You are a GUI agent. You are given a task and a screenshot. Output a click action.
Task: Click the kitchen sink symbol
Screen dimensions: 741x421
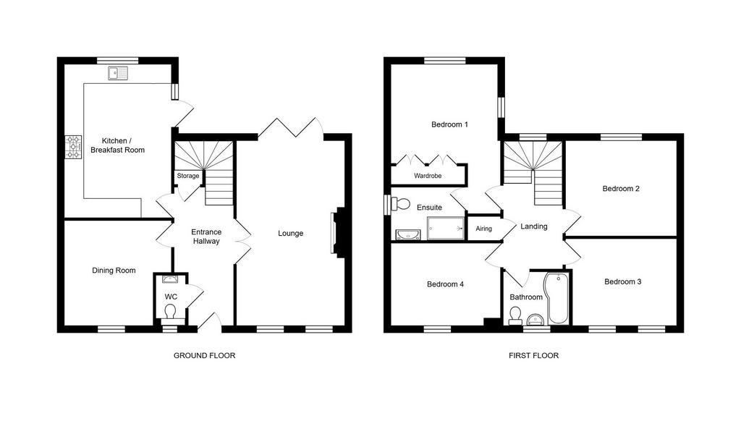tap(118, 73)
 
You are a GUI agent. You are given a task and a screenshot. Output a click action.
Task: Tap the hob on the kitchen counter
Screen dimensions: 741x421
tap(73, 147)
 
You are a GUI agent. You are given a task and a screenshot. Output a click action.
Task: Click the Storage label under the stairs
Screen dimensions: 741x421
tap(188, 176)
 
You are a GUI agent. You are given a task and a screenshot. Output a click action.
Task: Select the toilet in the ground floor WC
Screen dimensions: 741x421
tap(170, 312)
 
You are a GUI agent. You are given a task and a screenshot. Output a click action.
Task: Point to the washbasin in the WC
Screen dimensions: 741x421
tap(170, 278)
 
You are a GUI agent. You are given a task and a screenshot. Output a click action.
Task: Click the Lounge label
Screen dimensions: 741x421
tap(291, 234)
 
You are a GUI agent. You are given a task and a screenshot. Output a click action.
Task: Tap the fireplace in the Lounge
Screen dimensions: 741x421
tap(339, 232)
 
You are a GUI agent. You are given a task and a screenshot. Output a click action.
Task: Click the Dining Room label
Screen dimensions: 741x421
tap(114, 271)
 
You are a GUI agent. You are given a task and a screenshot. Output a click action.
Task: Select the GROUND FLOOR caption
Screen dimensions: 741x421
tap(204, 355)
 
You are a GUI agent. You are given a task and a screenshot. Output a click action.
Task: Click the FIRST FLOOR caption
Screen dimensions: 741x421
tap(533, 355)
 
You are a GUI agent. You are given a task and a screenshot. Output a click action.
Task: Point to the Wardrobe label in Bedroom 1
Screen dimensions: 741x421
tap(428, 176)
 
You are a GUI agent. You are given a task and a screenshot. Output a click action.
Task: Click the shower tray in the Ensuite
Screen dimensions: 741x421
tap(446, 228)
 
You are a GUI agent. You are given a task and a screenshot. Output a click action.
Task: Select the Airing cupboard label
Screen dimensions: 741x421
tap(483, 229)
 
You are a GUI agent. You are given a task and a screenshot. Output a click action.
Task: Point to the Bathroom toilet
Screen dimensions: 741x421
tap(515, 315)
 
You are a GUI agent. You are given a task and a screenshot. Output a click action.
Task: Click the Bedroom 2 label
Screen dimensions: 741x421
tap(621, 189)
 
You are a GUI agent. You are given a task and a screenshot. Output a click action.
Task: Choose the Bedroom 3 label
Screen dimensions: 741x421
tap(623, 281)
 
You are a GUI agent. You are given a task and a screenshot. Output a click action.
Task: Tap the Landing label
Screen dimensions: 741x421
tap(534, 226)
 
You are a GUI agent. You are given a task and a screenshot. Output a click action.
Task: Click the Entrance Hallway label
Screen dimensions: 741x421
tap(206, 237)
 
